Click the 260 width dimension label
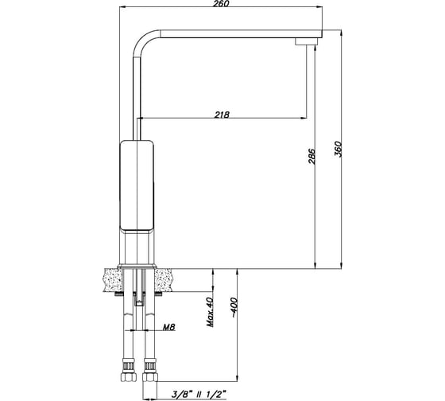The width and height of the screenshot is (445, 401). pyautogui.click(x=221, y=3)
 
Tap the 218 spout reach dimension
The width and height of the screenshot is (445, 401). pyautogui.click(x=222, y=115)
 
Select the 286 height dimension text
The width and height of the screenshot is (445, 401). pyautogui.click(x=311, y=156)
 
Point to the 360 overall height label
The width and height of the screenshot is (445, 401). pyautogui.click(x=338, y=149)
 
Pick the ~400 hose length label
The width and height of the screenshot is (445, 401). pyautogui.click(x=234, y=307)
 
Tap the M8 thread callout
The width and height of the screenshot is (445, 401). pyautogui.click(x=168, y=327)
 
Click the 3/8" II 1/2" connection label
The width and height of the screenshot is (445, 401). pyautogui.click(x=199, y=394)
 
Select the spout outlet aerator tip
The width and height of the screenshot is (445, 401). pyautogui.click(x=306, y=42)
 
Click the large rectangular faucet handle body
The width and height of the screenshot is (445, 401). pyautogui.click(x=137, y=185)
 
